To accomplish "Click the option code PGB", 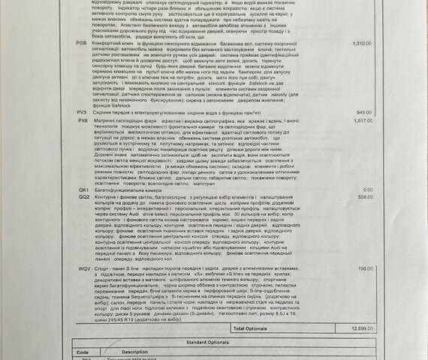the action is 81,43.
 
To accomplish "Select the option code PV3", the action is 82,112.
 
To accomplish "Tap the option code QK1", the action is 83,190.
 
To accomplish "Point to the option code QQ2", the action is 83,196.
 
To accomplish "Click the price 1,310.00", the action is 362,43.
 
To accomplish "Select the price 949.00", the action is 364,112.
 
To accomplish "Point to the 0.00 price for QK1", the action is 367,190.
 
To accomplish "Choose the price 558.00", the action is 364,196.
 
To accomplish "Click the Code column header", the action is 83,351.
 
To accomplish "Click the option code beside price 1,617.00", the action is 82,119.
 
